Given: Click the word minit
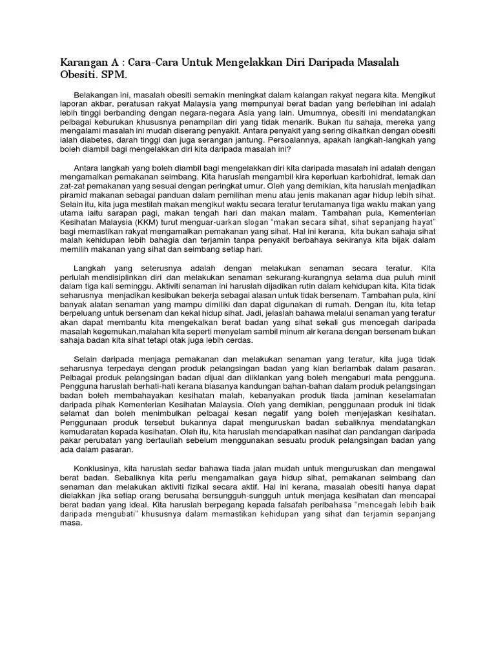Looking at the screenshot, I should pos(424,276).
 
